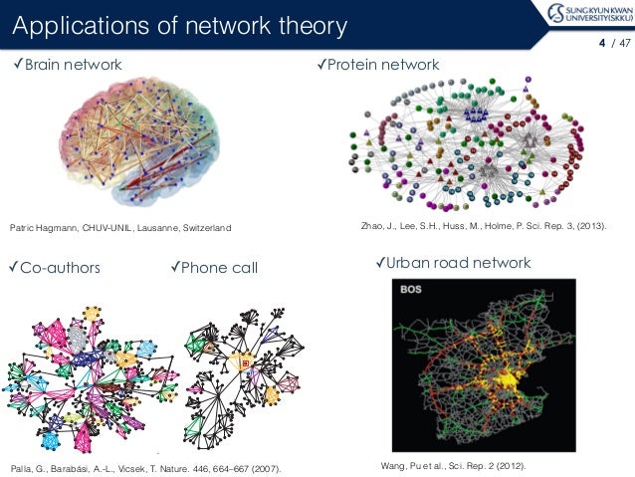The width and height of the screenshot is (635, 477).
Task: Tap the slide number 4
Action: (x=601, y=43)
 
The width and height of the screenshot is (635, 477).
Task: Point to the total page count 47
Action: (x=624, y=43)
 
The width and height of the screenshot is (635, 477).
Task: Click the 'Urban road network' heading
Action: (x=458, y=263)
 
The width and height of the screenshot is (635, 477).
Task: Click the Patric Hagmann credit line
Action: (x=120, y=229)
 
